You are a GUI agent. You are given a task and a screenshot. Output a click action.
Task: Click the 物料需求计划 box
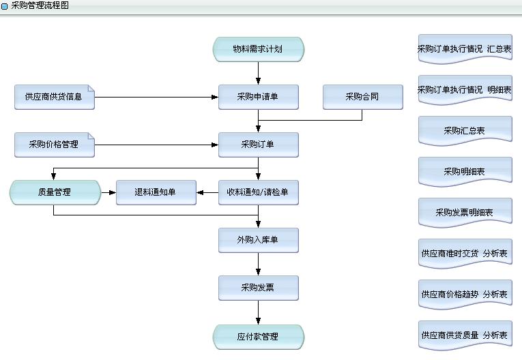click(x=258, y=49)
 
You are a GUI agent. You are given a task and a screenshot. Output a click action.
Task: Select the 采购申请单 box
click(x=258, y=97)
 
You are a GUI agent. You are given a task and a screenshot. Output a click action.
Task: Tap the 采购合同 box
click(x=362, y=97)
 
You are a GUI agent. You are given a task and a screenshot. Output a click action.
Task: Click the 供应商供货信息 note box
click(x=54, y=97)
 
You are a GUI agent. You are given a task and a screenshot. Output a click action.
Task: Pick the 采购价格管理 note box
click(x=54, y=145)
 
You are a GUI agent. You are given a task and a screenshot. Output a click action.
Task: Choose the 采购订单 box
click(x=258, y=145)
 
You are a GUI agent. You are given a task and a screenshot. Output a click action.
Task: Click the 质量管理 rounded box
click(x=55, y=192)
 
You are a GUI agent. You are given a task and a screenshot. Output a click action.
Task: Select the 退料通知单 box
click(x=156, y=192)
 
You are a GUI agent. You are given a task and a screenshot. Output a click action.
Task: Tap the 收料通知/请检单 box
click(x=258, y=192)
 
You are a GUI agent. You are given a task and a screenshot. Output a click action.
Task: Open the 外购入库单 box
click(x=258, y=240)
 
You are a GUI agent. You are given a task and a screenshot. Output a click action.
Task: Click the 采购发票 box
click(x=258, y=288)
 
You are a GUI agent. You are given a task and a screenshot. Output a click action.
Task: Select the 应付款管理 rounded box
click(x=258, y=336)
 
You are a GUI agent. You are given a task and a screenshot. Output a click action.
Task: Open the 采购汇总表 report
click(x=465, y=130)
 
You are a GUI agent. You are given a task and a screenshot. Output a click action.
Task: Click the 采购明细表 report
click(x=465, y=171)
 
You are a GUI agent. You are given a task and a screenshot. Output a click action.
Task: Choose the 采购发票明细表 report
click(x=465, y=212)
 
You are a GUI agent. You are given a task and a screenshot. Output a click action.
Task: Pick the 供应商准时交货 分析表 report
click(x=465, y=254)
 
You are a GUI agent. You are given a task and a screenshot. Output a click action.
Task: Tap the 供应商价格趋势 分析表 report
click(x=465, y=295)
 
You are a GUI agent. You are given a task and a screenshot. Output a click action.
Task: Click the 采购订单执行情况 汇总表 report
click(x=465, y=49)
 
